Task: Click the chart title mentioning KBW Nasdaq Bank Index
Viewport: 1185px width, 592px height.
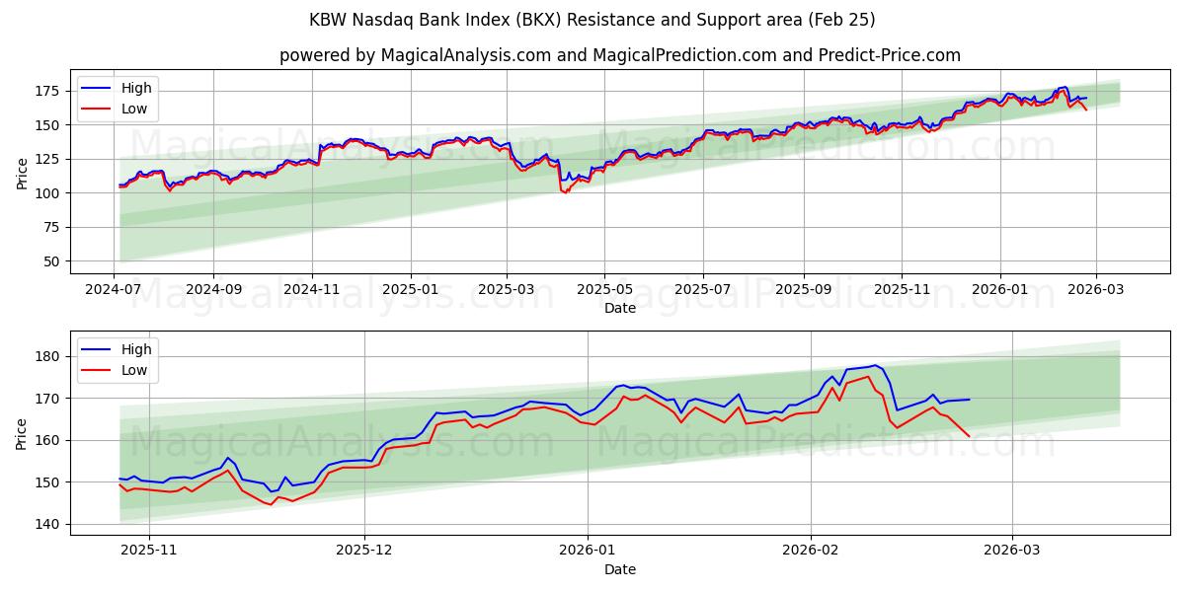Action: [x=592, y=20]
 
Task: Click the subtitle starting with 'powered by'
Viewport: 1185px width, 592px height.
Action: [x=619, y=55]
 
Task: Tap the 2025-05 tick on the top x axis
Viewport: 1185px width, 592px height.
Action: [x=603, y=291]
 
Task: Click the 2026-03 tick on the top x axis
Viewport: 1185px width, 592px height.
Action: [x=1097, y=291]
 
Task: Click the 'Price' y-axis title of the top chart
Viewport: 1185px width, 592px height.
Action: [x=22, y=173]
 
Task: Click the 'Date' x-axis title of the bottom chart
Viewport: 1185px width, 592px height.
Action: [x=619, y=569]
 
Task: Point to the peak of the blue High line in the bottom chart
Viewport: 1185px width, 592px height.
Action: [x=874, y=365]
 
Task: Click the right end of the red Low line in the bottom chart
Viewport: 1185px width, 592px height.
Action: [x=970, y=436]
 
